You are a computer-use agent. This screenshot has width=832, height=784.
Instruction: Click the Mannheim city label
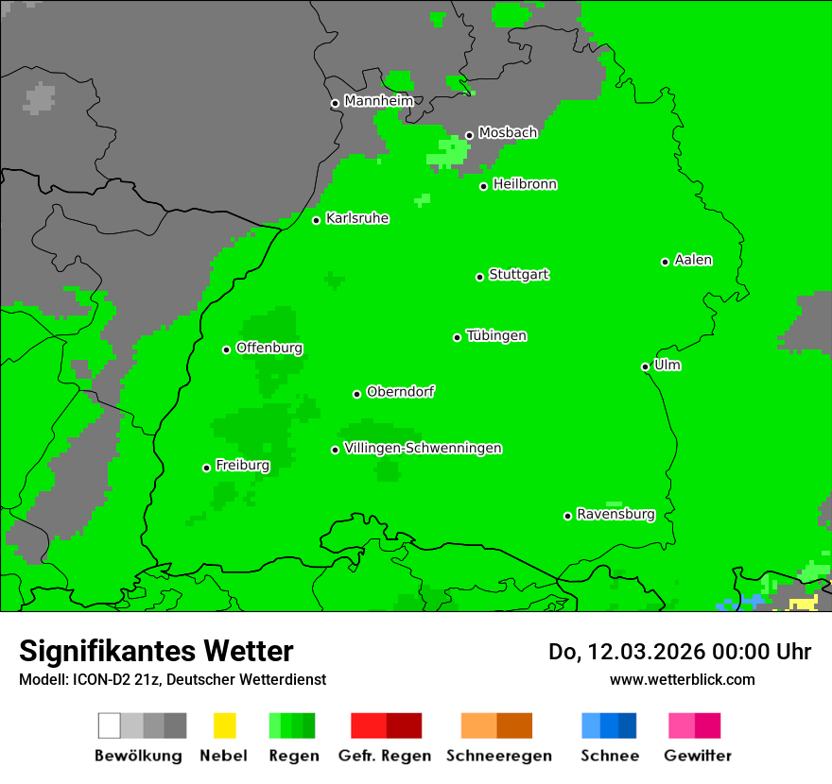coord(378,101)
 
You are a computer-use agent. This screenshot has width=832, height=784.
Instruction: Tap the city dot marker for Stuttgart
coord(480,277)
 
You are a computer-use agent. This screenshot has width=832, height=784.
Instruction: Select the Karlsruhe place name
coord(356,218)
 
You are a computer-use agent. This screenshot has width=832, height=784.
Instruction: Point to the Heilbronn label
coord(525,184)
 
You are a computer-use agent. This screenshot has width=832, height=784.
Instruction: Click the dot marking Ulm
coord(646,366)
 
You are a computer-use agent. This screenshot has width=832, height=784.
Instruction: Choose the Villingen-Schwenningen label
coord(423,448)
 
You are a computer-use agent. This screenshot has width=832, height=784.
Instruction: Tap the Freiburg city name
coord(242,466)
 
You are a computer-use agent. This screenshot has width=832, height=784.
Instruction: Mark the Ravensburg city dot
coord(567,516)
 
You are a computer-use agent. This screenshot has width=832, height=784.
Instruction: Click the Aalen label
coord(693,260)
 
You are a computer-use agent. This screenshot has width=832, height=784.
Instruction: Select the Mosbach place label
coord(508,133)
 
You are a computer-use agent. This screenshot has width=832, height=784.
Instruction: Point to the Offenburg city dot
coord(227,349)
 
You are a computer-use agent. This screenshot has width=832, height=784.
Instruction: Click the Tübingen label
coord(496,335)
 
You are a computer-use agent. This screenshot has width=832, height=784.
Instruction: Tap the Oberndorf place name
coord(400,392)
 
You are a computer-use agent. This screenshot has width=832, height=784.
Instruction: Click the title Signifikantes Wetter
coord(156,651)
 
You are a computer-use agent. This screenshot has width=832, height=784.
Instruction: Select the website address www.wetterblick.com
coord(682,679)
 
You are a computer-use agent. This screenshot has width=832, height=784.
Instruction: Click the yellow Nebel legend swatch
coord(224,725)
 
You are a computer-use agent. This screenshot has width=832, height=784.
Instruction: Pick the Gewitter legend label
coord(698,756)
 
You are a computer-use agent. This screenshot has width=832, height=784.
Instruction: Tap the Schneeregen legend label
coord(497,756)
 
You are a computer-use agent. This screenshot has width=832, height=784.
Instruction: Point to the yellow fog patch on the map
coord(804,603)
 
